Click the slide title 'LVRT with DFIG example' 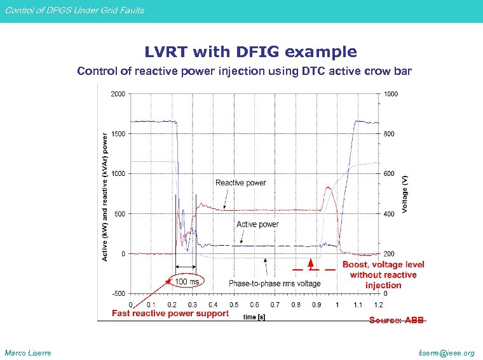(250, 51)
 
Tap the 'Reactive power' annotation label (241, 183)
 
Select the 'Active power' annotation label (257, 224)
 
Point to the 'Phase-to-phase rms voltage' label (275, 283)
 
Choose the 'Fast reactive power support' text (170, 313)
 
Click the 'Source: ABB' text (397, 321)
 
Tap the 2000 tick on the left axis (118, 94)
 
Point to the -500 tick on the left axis (118, 293)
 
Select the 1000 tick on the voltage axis (391, 94)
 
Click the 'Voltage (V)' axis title (406, 194)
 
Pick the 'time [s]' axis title (254, 316)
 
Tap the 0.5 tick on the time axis (234, 305)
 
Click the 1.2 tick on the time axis (379, 305)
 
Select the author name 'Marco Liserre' (28, 353)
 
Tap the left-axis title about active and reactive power (105, 197)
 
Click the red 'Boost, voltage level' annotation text (383, 265)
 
